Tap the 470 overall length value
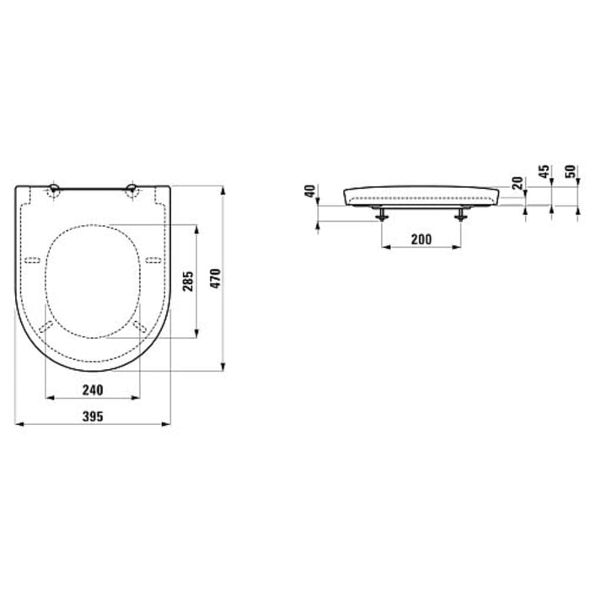[215, 279]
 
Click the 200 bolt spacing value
[421, 240]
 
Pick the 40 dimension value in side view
[311, 190]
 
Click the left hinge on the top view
[55, 189]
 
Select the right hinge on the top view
[132, 189]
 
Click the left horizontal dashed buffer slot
[34, 259]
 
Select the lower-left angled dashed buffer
[48, 324]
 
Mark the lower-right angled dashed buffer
[139, 324]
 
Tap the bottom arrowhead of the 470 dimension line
[224, 367]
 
